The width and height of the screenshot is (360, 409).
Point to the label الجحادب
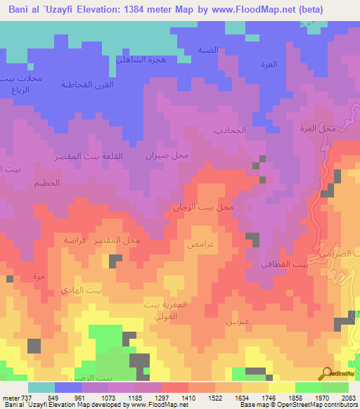click(x=229, y=131)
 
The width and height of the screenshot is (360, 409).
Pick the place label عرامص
click(x=200, y=245)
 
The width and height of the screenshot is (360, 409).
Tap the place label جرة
click(x=39, y=277)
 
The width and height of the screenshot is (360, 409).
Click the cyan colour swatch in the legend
click(x=41, y=387)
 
